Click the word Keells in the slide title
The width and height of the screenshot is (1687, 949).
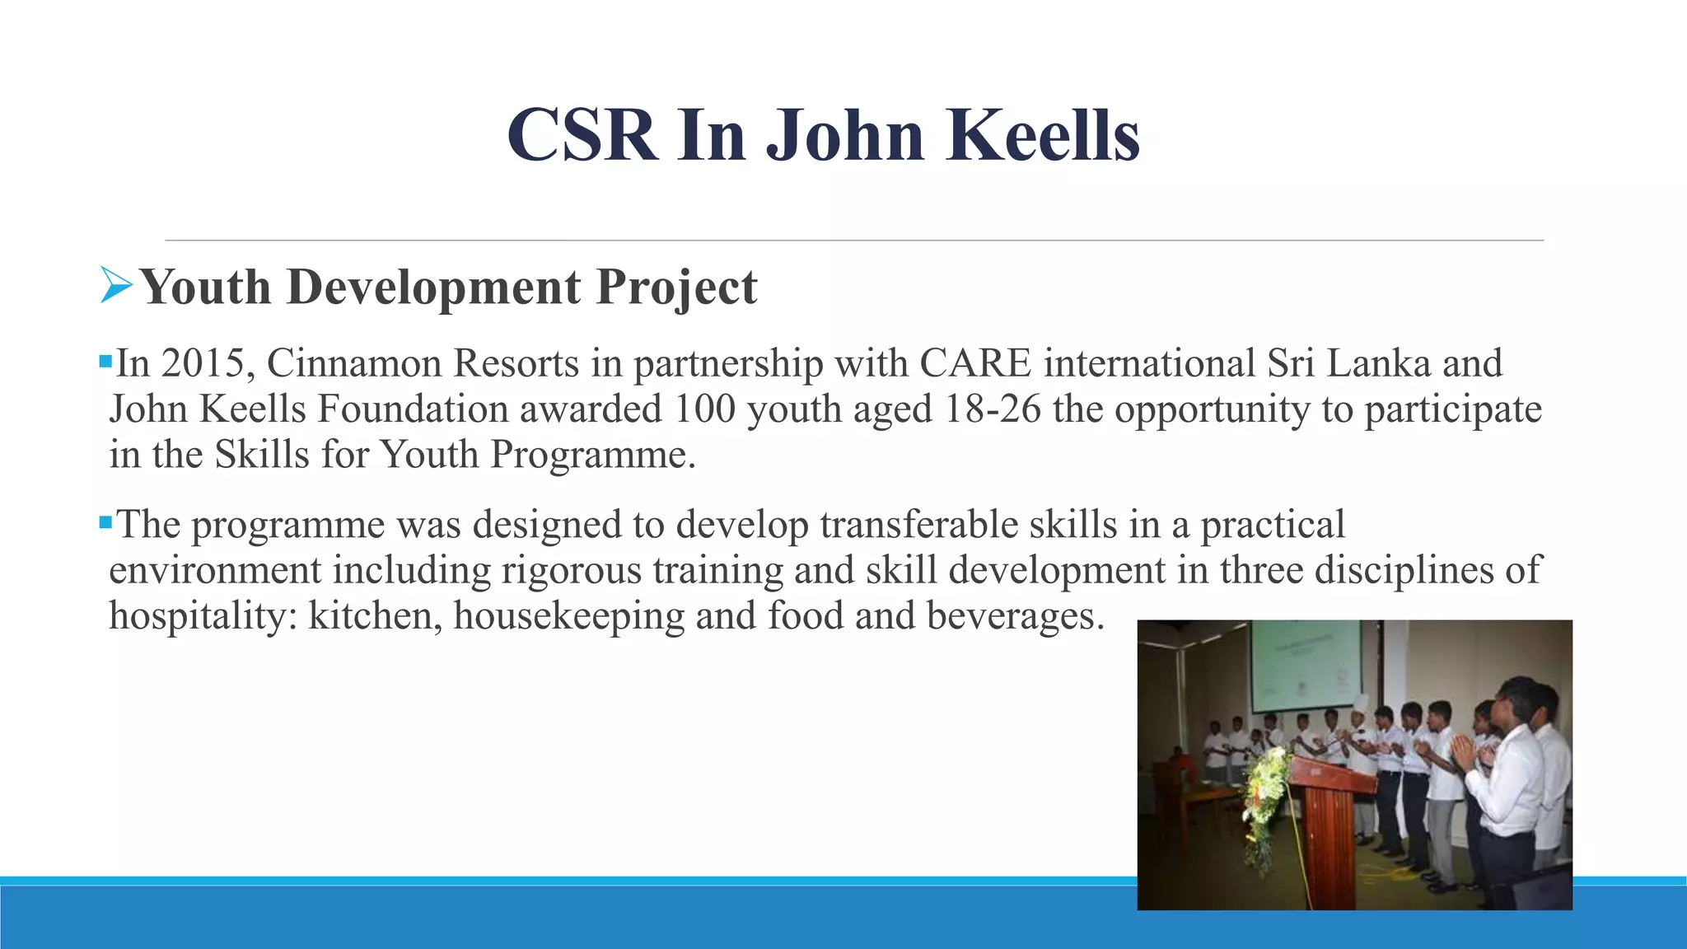coord(1044,135)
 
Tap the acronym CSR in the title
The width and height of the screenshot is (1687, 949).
coord(582,135)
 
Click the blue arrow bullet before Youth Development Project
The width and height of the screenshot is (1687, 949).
coord(116,285)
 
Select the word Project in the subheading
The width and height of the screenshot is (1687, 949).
coord(676,288)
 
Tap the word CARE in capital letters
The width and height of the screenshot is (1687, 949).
coord(975,363)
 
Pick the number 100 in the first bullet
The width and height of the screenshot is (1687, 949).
coord(704,409)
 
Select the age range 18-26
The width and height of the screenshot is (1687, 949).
coord(993,409)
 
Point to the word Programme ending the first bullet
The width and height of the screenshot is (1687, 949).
coord(593,455)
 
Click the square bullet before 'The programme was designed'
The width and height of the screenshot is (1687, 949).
coord(105,522)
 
